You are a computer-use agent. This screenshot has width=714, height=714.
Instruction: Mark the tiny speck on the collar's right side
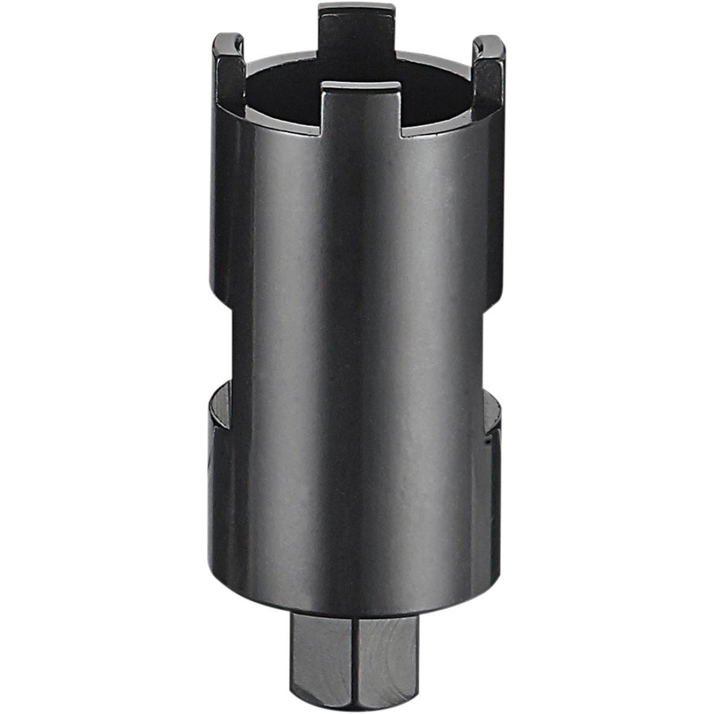[487, 439]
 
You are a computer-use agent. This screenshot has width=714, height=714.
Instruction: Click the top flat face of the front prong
[360, 85]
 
